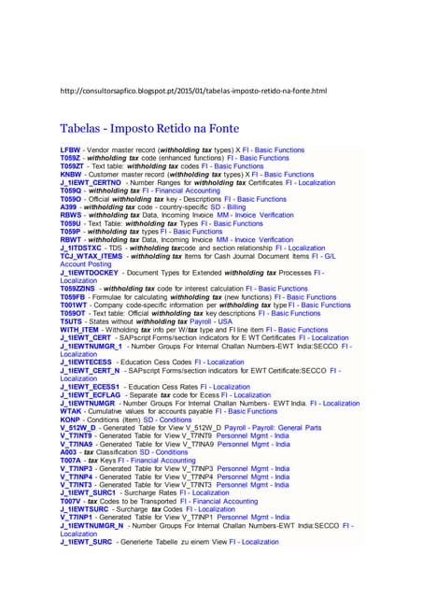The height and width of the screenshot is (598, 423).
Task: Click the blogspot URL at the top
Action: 192,91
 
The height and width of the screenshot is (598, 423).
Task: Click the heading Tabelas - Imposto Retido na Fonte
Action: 148,128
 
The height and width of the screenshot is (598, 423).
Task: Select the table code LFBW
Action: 70,149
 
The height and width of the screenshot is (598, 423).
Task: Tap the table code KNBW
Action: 71,175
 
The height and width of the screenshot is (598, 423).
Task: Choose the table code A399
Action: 70,207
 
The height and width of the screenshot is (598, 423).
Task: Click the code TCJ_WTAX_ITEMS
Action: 92,256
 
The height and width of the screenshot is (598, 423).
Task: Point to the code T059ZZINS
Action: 80,289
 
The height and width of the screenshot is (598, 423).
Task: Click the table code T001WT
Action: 75,305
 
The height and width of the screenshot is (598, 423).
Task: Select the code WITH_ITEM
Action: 78,330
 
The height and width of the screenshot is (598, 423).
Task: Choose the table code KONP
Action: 72,419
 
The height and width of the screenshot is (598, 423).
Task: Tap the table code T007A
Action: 72,460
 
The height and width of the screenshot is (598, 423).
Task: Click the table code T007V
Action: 72,501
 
